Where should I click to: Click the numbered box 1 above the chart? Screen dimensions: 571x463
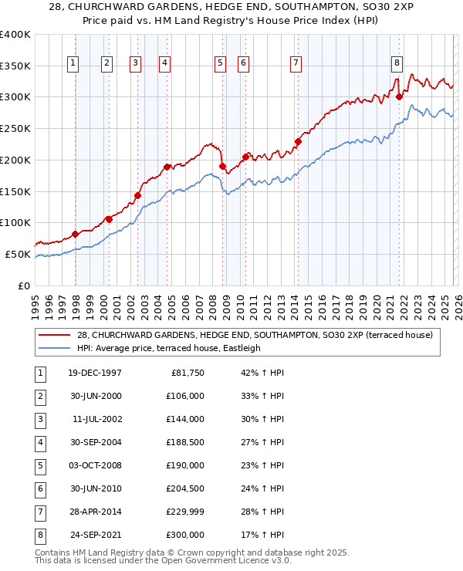73,64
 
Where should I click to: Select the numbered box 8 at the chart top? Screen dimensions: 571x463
397,64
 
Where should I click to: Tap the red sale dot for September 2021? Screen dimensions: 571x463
400,96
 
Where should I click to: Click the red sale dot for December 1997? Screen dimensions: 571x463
75,234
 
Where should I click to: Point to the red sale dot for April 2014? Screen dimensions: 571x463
298,141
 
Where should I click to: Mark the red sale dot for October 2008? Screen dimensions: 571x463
222,166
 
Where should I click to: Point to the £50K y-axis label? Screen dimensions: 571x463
18,254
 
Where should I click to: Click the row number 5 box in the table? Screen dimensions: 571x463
39,465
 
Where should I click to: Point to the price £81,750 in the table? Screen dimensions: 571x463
186,373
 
